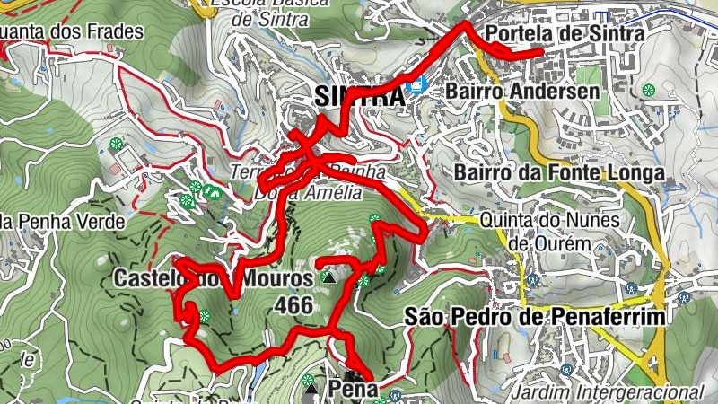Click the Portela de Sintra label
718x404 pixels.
click(x=565, y=34)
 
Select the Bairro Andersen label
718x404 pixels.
click(x=521, y=92)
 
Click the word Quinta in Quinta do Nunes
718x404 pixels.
click(x=505, y=220)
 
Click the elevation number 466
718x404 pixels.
click(x=294, y=306)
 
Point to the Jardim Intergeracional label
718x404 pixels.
click(x=606, y=392)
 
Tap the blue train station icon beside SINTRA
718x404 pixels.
click(x=415, y=87)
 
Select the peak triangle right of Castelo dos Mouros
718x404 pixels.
click(x=328, y=279)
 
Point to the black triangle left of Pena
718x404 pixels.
click(x=311, y=390)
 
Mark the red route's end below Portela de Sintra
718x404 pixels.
click(x=538, y=54)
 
